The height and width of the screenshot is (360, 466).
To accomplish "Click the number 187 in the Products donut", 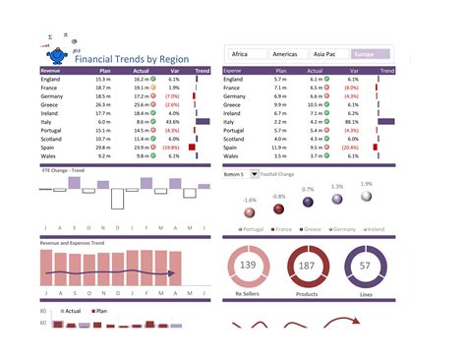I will click(307, 266).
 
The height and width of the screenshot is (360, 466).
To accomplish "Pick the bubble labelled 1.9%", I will click(367, 197).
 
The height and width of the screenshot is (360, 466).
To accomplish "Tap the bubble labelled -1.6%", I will click(250, 212).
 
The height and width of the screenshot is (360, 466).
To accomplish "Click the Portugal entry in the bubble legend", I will click(255, 229).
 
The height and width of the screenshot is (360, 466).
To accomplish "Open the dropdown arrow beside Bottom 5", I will click(256, 174).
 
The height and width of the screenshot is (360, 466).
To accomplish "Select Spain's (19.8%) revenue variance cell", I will click(172, 147).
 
